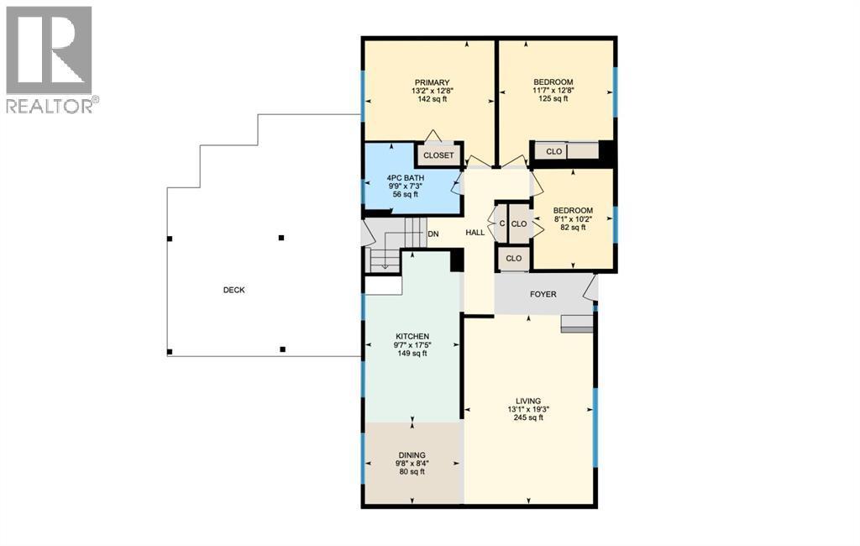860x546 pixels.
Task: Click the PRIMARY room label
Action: pos(431,82)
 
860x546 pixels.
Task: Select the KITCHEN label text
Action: pos(412,336)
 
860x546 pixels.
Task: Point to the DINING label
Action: pos(412,454)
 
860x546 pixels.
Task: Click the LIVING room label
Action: pos(529,401)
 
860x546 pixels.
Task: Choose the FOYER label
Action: pos(543,294)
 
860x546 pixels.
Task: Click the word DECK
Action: pos(234,290)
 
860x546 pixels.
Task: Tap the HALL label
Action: pos(475,232)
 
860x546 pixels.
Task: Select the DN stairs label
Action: pos(433,234)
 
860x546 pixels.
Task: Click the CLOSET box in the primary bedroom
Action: pos(438,155)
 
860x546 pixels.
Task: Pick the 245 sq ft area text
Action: pos(529,417)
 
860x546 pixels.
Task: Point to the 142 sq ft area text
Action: pos(431,99)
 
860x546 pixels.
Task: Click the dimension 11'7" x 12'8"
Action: pos(553,90)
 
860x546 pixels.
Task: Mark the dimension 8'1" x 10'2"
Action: pos(573,219)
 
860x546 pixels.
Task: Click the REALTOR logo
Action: pos(50,59)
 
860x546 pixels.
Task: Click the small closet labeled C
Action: pos(501,224)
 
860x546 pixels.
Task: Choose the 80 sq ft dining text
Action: pos(412,471)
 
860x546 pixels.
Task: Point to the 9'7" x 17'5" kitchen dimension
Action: pos(412,344)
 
